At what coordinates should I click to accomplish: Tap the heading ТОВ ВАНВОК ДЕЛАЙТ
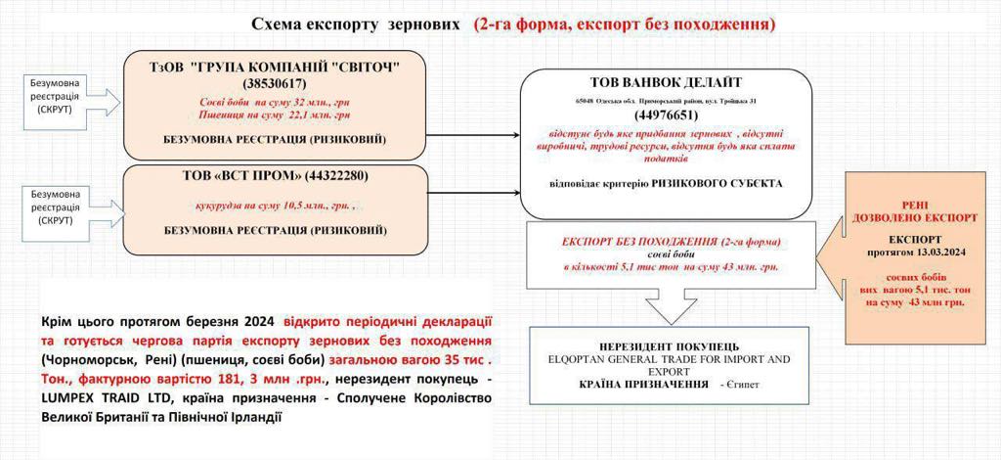pos(667,82)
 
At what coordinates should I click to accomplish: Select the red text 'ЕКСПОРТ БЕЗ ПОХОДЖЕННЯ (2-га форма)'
pos(664,241)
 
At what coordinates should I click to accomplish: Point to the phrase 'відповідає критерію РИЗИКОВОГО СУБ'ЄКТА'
pos(665,183)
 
